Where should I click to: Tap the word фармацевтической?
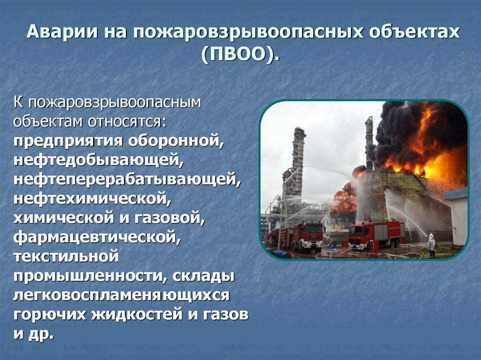click(97, 237)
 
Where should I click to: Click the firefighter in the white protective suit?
click(431, 245)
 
